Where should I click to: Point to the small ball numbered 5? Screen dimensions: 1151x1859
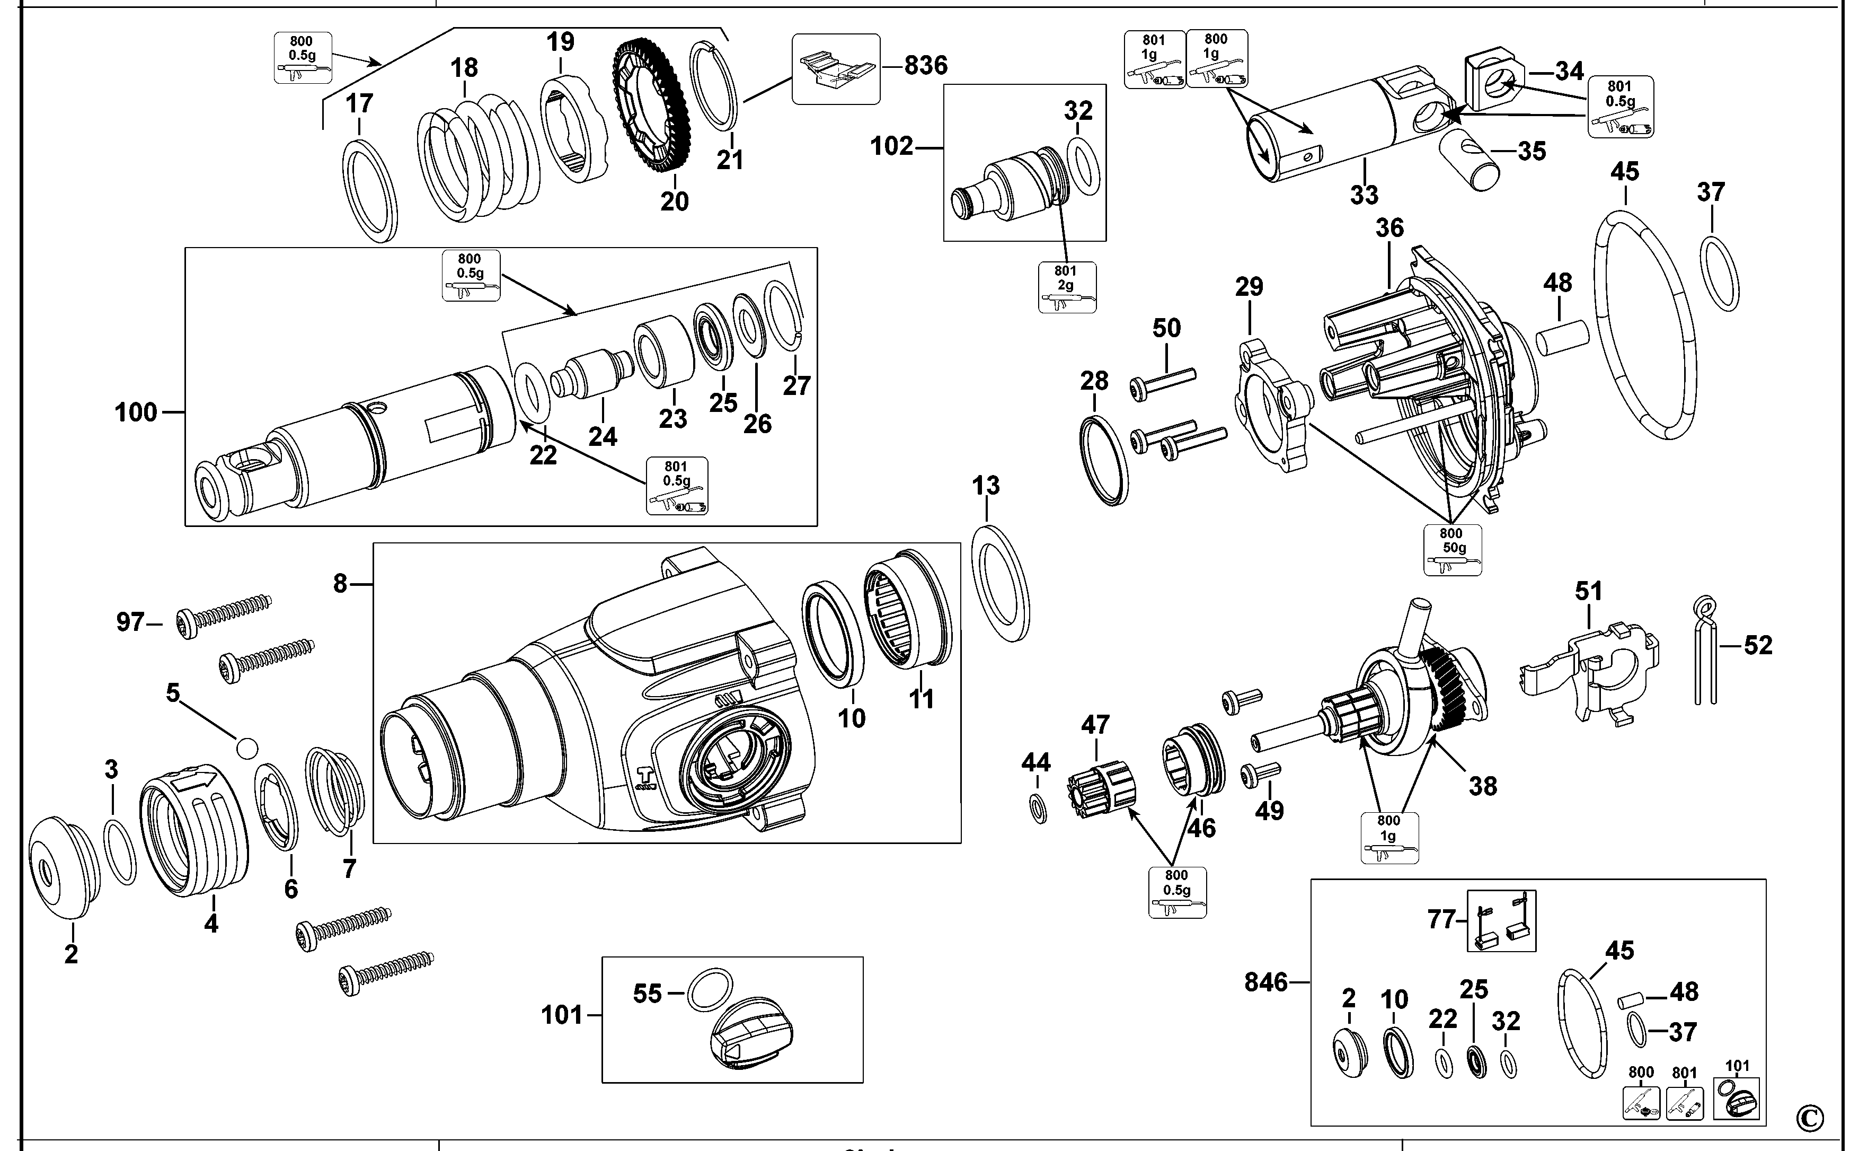coord(246,748)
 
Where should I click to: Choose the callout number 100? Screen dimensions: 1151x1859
coord(136,412)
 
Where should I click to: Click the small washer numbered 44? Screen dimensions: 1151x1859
coord(1037,809)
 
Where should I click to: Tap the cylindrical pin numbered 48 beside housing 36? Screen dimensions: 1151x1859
coord(1562,339)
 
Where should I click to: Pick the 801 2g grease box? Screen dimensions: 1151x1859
coord(1067,287)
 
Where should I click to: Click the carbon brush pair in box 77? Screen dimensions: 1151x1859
coord(1501,921)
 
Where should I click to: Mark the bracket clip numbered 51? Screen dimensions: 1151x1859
coord(1590,670)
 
